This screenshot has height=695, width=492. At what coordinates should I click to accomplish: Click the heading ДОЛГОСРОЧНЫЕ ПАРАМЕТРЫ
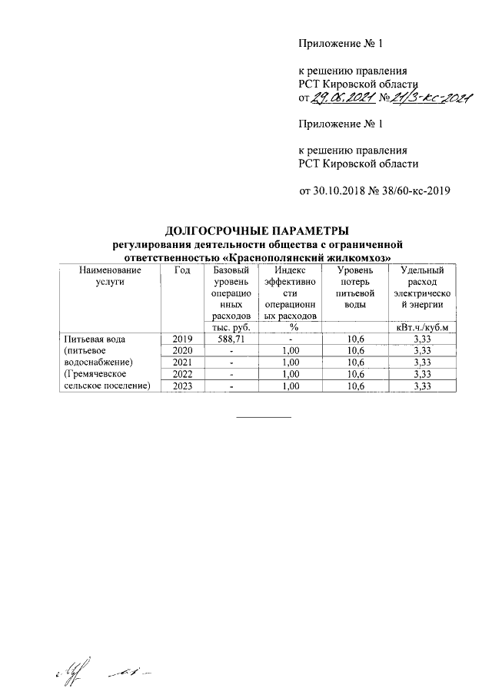pos(258,231)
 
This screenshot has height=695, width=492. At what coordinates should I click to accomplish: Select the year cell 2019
pos(181,339)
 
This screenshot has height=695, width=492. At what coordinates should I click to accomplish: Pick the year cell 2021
pos(181,362)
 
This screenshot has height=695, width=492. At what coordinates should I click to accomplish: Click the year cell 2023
pos(181,386)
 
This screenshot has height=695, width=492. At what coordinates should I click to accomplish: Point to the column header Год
pos(181,270)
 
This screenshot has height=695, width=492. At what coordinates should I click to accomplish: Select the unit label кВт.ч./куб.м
pos(421,327)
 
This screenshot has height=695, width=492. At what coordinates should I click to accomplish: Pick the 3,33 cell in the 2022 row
pos(421,374)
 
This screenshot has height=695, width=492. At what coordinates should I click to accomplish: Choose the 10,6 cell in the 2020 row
pos(356,351)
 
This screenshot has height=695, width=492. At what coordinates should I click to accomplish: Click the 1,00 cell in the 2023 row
pos(289,386)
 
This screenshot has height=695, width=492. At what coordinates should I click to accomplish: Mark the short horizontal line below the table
pos(264,417)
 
